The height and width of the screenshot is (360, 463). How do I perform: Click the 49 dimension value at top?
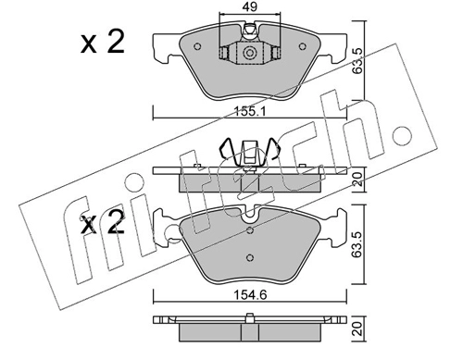pos(250,6)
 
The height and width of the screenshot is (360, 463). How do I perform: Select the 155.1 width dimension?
pos(249,111)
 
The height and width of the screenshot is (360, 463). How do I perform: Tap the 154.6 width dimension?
pos(250,295)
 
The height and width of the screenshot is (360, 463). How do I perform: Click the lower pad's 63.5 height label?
pos(357,244)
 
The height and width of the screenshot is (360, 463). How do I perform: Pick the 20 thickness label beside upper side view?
pos(357,179)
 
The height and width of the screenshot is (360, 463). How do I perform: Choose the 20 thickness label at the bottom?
pos(357,329)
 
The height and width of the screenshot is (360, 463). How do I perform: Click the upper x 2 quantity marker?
pos(103,43)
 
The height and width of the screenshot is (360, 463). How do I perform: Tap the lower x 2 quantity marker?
pos(103,223)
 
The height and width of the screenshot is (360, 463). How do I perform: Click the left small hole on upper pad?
pos(197,46)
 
